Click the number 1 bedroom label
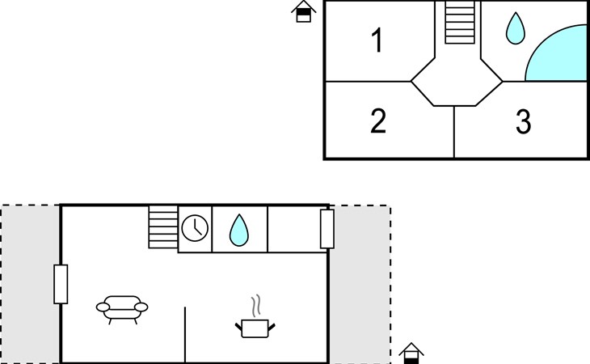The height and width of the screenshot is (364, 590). point(377,40)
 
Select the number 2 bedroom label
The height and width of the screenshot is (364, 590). point(378,121)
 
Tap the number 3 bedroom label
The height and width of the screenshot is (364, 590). point(524,121)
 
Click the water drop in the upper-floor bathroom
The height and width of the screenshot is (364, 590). point(515,28)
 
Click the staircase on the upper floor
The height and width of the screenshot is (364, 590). point(460,22)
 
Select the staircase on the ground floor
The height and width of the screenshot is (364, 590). point(163,226)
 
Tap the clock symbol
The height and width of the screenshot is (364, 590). point(195,228)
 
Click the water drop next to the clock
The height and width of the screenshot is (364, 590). point(239,231)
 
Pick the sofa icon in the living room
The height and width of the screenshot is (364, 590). point(122,310)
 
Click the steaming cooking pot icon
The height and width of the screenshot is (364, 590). point(255,328)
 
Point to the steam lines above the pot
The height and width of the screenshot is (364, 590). point(256,306)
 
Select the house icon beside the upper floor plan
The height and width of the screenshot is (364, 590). point(304,11)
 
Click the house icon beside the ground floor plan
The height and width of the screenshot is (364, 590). point(411,353)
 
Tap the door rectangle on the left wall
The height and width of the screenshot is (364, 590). point(61,284)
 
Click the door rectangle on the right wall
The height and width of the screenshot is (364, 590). point(327,229)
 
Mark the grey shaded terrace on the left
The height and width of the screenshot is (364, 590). point(31,284)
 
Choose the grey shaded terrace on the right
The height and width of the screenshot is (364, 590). point(360,284)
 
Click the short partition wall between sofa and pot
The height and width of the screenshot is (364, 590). point(185,335)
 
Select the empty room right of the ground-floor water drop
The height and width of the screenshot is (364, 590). point(294,229)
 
